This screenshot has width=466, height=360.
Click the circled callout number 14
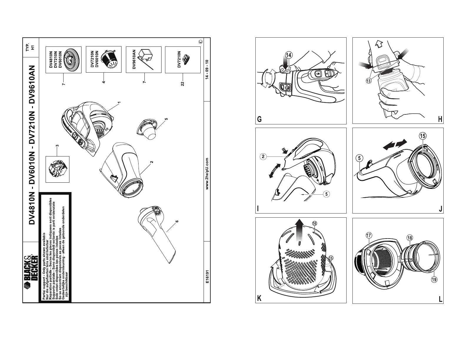click(289, 55)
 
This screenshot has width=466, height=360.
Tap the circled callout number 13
click(369, 81)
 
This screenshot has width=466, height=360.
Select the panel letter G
click(259, 119)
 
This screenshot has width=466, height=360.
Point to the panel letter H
click(440, 119)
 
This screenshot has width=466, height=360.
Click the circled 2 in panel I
click(263, 157)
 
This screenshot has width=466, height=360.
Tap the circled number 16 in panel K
click(314, 224)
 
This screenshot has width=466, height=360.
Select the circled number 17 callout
click(369, 235)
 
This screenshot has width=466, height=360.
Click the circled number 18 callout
click(410, 238)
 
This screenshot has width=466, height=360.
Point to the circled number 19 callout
click(434, 280)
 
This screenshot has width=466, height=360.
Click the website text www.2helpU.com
click(207, 174)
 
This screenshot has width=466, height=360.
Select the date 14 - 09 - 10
click(207, 70)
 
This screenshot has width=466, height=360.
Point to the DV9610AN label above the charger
click(134, 59)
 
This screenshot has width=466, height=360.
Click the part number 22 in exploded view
click(182, 84)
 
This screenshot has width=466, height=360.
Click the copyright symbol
click(200, 41)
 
